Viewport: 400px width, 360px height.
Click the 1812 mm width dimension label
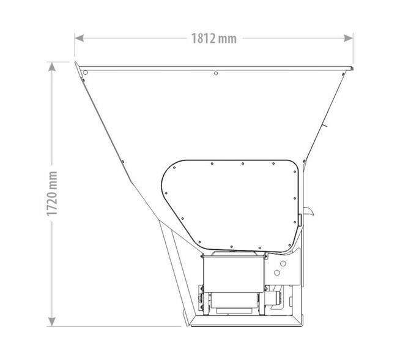pyautogui.click(x=214, y=39)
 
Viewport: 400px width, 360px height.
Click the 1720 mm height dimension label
pyautogui.click(x=52, y=193)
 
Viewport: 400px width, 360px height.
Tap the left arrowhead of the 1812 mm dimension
pyautogui.click(x=79, y=39)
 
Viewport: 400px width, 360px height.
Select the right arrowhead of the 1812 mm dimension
pyautogui.click(x=349, y=39)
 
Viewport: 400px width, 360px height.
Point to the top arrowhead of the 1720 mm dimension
pyautogui.click(x=52, y=67)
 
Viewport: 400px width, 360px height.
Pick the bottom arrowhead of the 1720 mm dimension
pyautogui.click(x=52, y=321)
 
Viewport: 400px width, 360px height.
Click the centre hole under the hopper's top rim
pyautogui.click(x=216, y=73)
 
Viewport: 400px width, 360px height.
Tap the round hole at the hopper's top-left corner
pyautogui.click(x=86, y=73)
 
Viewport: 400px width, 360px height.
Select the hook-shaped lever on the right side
pyautogui.click(x=309, y=211)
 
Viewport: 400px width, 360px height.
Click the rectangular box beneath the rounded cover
pyautogui.click(x=234, y=274)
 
